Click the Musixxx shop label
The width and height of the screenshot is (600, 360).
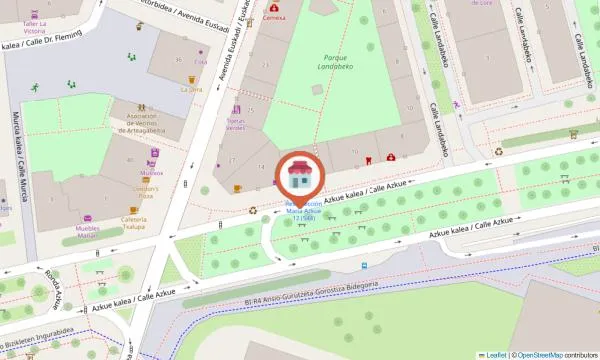(x=152, y=172)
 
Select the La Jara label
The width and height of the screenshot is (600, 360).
(x=191, y=89)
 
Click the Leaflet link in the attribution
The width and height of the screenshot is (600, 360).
(x=492, y=354)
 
